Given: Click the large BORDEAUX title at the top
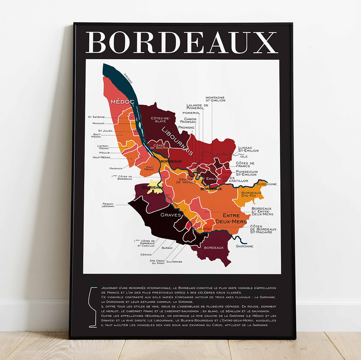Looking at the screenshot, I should point(182,42).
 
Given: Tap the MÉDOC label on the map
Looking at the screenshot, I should point(122,102).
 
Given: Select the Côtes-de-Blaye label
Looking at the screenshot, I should point(160,120).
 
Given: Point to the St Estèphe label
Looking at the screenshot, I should point(96,117).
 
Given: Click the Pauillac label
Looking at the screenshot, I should point(98,123).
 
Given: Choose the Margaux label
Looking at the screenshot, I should point(116,168).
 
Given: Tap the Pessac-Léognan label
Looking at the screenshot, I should point(108,205).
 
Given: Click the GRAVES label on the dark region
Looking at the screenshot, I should point(171,215).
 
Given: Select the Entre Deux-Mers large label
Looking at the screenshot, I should point(231,218).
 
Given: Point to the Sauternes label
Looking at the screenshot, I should point(174,262).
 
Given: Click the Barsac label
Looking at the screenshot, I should point(167,248).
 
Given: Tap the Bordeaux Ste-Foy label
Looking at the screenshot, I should point(251,194).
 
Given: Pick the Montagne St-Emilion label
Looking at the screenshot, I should point(215,99).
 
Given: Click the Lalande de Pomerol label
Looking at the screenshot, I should point(197,106).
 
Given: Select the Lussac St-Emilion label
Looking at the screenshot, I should point(248,149).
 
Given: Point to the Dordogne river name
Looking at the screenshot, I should point(267,184).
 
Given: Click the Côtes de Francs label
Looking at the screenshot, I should point(245,165).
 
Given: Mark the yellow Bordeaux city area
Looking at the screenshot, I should point(156,186).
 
